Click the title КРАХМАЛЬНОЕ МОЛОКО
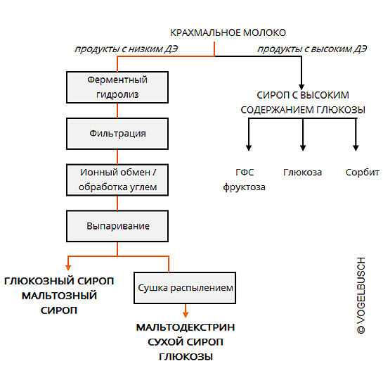tap(228, 32)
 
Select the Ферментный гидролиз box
tap(117, 87)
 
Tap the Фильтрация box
tap(117, 134)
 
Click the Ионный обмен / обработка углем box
tap(117, 180)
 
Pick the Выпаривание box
tap(117, 226)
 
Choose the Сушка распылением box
tap(185, 288)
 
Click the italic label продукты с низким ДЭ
tap(126, 49)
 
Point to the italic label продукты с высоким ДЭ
tap(312, 49)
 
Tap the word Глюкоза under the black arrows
tap(302, 172)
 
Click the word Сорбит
tap(362, 172)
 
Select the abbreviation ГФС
tap(245, 172)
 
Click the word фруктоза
tap(244, 187)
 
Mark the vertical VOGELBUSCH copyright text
tap(361, 295)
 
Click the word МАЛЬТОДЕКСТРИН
tap(186, 327)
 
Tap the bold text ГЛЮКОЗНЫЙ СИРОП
tap(59, 281)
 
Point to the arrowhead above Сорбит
tap(356, 148)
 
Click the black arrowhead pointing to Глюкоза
tap(303, 148)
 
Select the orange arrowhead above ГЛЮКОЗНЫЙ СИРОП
tap(68, 268)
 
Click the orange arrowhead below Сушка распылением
tap(186, 314)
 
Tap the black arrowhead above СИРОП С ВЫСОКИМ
tap(301, 87)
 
